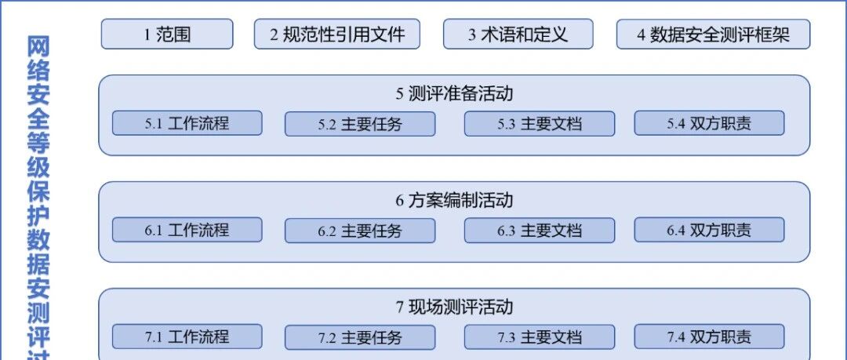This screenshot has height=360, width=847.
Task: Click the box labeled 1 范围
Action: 167,34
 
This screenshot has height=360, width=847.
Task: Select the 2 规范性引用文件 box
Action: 337,34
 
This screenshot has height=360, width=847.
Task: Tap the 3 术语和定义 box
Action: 518,34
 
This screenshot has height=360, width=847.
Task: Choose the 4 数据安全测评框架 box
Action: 713,34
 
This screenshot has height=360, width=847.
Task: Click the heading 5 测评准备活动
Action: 454,93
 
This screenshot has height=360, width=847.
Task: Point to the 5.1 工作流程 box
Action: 187,123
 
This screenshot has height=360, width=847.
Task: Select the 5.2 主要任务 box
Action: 360,124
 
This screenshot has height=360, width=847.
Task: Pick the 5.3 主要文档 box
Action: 539,124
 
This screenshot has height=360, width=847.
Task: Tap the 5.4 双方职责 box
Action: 709,123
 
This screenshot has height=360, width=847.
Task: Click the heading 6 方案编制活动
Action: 454,201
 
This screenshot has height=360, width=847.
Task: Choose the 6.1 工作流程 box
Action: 187,230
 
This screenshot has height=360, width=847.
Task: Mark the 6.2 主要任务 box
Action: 360,231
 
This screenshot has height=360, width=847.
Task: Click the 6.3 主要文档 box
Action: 539,231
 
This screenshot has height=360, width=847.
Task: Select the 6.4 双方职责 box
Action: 709,230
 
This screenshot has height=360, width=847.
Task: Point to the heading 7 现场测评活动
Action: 454,307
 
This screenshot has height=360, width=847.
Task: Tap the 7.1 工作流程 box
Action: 187,336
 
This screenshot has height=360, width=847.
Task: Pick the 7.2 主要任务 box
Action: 360,336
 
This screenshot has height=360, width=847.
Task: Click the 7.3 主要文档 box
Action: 539,336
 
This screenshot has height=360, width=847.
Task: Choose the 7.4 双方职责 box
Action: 709,336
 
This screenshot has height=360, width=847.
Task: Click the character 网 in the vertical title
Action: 38,47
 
